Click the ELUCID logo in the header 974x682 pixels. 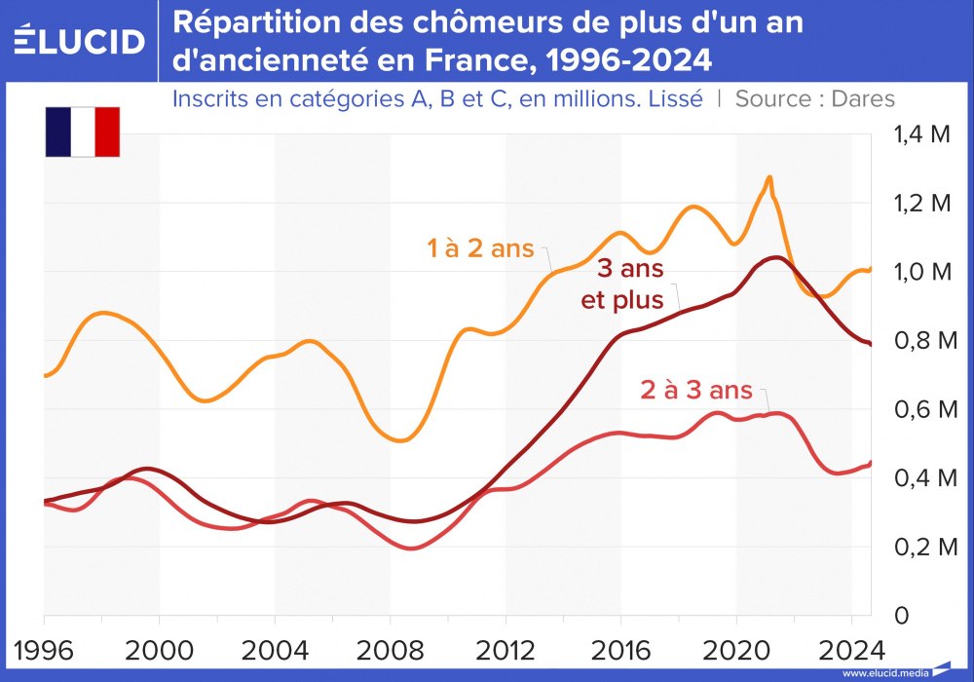79,41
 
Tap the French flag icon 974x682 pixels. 82,132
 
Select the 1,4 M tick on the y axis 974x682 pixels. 921,135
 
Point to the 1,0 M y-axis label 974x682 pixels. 921,272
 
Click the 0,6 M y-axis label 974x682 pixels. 921,409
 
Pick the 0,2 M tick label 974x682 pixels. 921,547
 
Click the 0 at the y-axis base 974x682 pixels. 901,616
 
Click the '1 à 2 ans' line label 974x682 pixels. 482,248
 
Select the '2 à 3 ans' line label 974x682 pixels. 696,391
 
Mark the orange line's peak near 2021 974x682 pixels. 769,178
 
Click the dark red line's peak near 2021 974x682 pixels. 774,257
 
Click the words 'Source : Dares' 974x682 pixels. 814,98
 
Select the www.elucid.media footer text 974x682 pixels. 884,672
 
